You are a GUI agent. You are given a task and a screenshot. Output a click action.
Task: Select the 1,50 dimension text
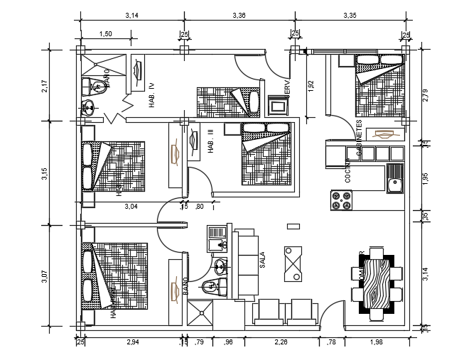pos(105,33)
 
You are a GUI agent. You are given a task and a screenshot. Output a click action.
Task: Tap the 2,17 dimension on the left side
pos(44,86)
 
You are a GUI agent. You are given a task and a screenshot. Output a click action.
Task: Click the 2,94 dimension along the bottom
pos(132,344)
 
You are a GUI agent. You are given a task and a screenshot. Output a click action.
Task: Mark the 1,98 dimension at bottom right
pos(377,344)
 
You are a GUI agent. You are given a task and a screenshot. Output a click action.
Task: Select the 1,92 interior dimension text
pos(310,87)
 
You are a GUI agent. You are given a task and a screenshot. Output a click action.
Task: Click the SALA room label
pos(262,258)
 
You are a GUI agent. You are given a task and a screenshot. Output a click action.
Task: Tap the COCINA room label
pos(348,173)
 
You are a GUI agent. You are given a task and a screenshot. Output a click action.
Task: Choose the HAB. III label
pos(211,141)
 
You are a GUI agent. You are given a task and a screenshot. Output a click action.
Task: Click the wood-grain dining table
pos(376,282)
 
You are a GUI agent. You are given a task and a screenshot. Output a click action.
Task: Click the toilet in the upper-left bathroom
pos(99,87)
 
